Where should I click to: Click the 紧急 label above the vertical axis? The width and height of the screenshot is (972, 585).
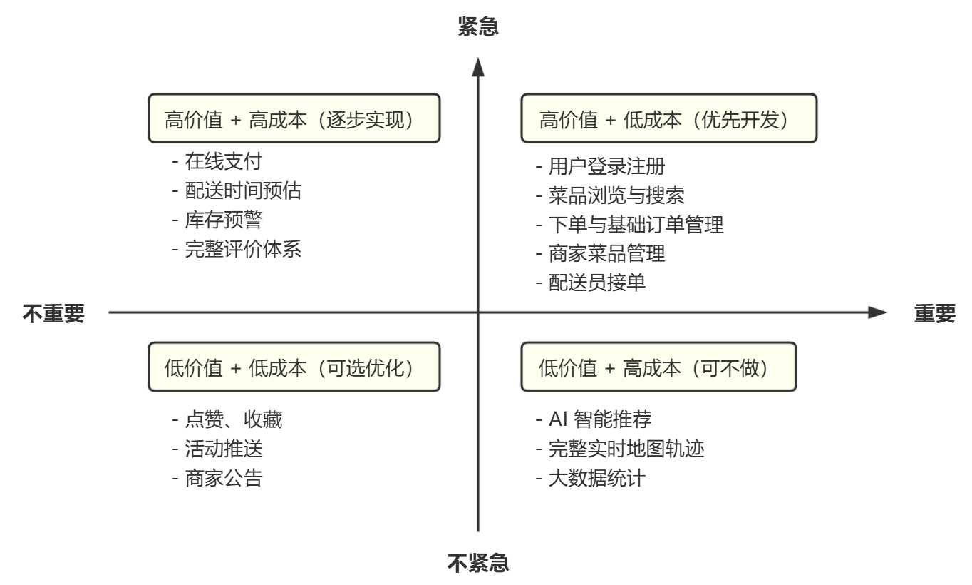[477, 28]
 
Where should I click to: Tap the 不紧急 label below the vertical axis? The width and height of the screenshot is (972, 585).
[477, 564]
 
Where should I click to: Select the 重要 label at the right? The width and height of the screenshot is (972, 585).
[934, 313]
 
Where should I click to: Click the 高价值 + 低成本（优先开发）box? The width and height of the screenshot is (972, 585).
[669, 118]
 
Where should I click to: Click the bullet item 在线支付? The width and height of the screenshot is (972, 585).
[212, 162]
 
